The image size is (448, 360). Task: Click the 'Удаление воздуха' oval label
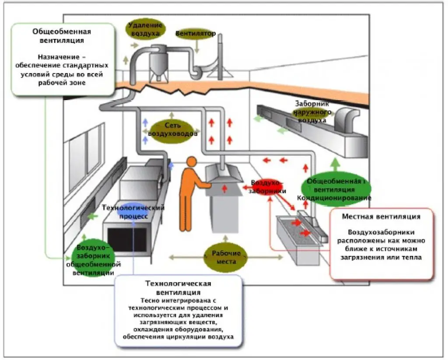(x=145, y=29)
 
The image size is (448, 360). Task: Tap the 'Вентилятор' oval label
(x=196, y=33)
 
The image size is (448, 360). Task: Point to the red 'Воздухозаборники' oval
(x=267, y=187)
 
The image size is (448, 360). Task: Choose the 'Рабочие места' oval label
(x=226, y=257)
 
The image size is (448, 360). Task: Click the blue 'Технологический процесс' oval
(x=133, y=211)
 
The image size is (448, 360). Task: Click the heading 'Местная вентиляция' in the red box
(x=381, y=217)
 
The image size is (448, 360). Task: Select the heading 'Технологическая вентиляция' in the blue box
(x=178, y=287)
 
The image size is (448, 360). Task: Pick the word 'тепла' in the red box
(x=413, y=258)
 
